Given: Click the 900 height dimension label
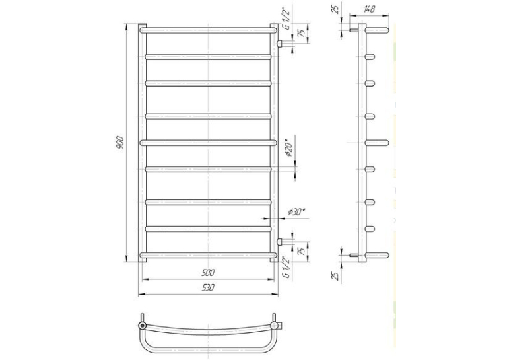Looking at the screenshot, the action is tap(119, 143).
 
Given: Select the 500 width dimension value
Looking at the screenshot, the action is tap(208, 273).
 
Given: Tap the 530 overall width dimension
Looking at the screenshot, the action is tap(208, 287).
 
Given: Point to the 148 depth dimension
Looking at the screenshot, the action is tap(370, 9).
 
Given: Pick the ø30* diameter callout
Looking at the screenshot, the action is tap(296, 212).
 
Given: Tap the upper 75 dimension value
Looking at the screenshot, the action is tap(303, 33).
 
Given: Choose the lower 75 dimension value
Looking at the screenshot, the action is tap(303, 251).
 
